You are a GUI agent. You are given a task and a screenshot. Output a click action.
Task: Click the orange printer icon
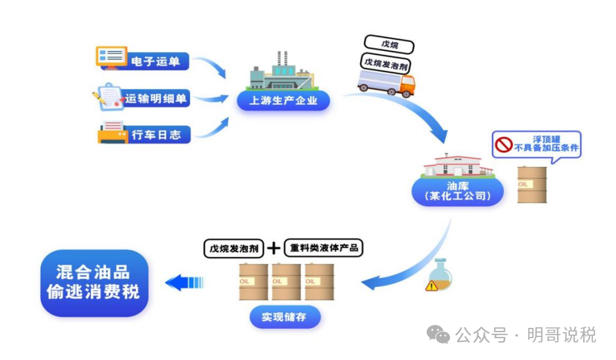pos(112,132)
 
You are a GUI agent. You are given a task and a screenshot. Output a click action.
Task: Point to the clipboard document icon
pos(110,97)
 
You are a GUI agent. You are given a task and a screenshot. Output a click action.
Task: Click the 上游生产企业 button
pos(283,101)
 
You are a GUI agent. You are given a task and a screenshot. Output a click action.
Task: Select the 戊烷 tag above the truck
pos(389,45)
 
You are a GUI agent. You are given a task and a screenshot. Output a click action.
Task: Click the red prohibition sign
pos(504,144)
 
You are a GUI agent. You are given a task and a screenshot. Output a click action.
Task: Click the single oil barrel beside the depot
pos(532,184)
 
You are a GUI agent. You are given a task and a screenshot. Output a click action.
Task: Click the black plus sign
pos(274,247)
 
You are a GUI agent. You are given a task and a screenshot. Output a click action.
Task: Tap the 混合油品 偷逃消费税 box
pos(93,282)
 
